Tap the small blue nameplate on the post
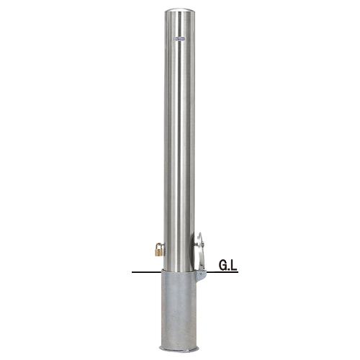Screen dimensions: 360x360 pos(179,38)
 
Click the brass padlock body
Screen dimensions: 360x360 pos(158,252)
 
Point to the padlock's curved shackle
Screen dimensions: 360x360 pos(159,246)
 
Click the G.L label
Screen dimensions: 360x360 pos(228,265)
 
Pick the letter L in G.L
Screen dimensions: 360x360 pos(234,265)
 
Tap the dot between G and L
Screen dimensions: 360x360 pos(229,269)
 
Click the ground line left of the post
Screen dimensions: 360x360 pos(147,272)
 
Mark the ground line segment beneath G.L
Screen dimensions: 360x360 pos(222,272)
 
